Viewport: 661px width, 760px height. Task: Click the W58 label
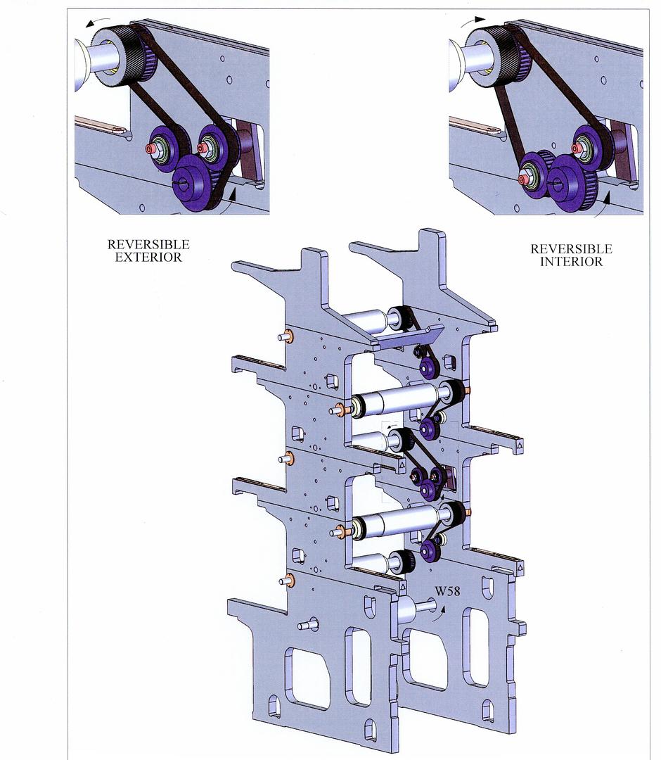pos(447,591)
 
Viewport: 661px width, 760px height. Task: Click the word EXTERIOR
pos(148,258)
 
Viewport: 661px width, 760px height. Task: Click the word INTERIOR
pos(572,262)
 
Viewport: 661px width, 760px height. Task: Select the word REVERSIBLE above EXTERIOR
pos(148,244)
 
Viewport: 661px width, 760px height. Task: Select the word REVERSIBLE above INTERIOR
pos(572,249)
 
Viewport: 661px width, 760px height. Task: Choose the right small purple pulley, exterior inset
pos(212,144)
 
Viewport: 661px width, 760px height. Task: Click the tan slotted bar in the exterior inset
pos(101,125)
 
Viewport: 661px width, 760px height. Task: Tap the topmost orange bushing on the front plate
pos(290,336)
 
